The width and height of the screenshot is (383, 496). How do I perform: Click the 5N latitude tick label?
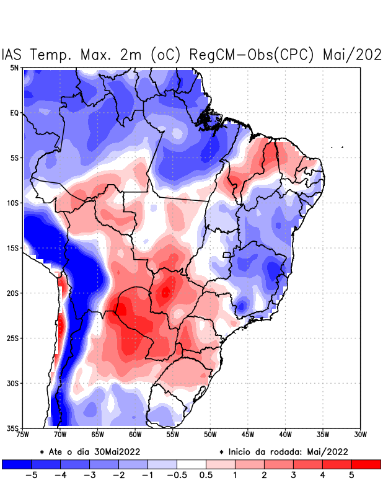(14, 68)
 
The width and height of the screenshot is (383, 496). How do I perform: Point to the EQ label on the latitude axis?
(14, 113)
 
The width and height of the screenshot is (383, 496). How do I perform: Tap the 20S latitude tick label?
(13, 293)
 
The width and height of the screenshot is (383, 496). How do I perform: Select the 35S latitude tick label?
(13, 428)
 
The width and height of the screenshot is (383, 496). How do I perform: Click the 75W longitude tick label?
(24, 435)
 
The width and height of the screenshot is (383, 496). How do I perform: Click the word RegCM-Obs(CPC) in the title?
(254, 55)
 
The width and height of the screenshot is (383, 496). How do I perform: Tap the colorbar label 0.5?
(206, 476)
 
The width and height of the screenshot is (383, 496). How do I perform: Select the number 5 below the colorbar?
(351, 476)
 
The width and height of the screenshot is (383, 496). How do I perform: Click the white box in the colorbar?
(191, 464)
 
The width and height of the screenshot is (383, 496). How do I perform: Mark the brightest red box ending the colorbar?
(366, 464)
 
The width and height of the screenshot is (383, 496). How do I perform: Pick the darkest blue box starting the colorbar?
(17, 464)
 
